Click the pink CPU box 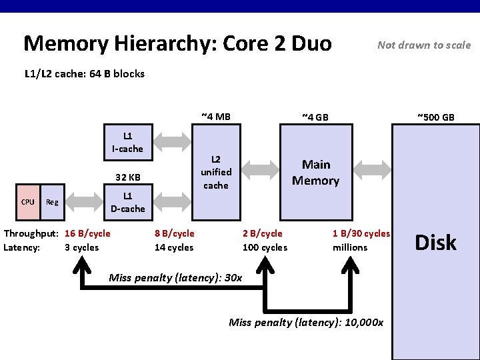[x=28, y=201]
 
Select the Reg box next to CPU [x=51, y=201]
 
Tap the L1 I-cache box [x=127, y=142]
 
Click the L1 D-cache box [x=127, y=202]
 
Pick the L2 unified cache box [x=215, y=172]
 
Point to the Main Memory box [x=315, y=172]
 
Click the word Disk [x=435, y=243]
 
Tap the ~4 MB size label [x=215, y=117]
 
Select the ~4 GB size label [x=315, y=117]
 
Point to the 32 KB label [x=127, y=177]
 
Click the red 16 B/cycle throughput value [x=87, y=233]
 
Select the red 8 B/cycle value [x=174, y=233]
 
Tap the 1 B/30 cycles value [x=361, y=233]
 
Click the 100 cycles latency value [x=265, y=247]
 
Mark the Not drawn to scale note [x=424, y=45]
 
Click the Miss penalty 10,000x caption [x=306, y=323]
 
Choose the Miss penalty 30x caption [x=175, y=277]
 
